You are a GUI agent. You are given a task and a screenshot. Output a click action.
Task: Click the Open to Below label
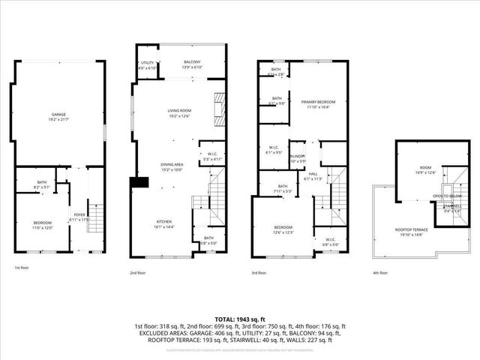(x=445, y=196)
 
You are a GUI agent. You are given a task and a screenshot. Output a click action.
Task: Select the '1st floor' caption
(x=22, y=268)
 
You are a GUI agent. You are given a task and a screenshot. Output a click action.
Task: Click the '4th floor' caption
(x=382, y=273)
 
